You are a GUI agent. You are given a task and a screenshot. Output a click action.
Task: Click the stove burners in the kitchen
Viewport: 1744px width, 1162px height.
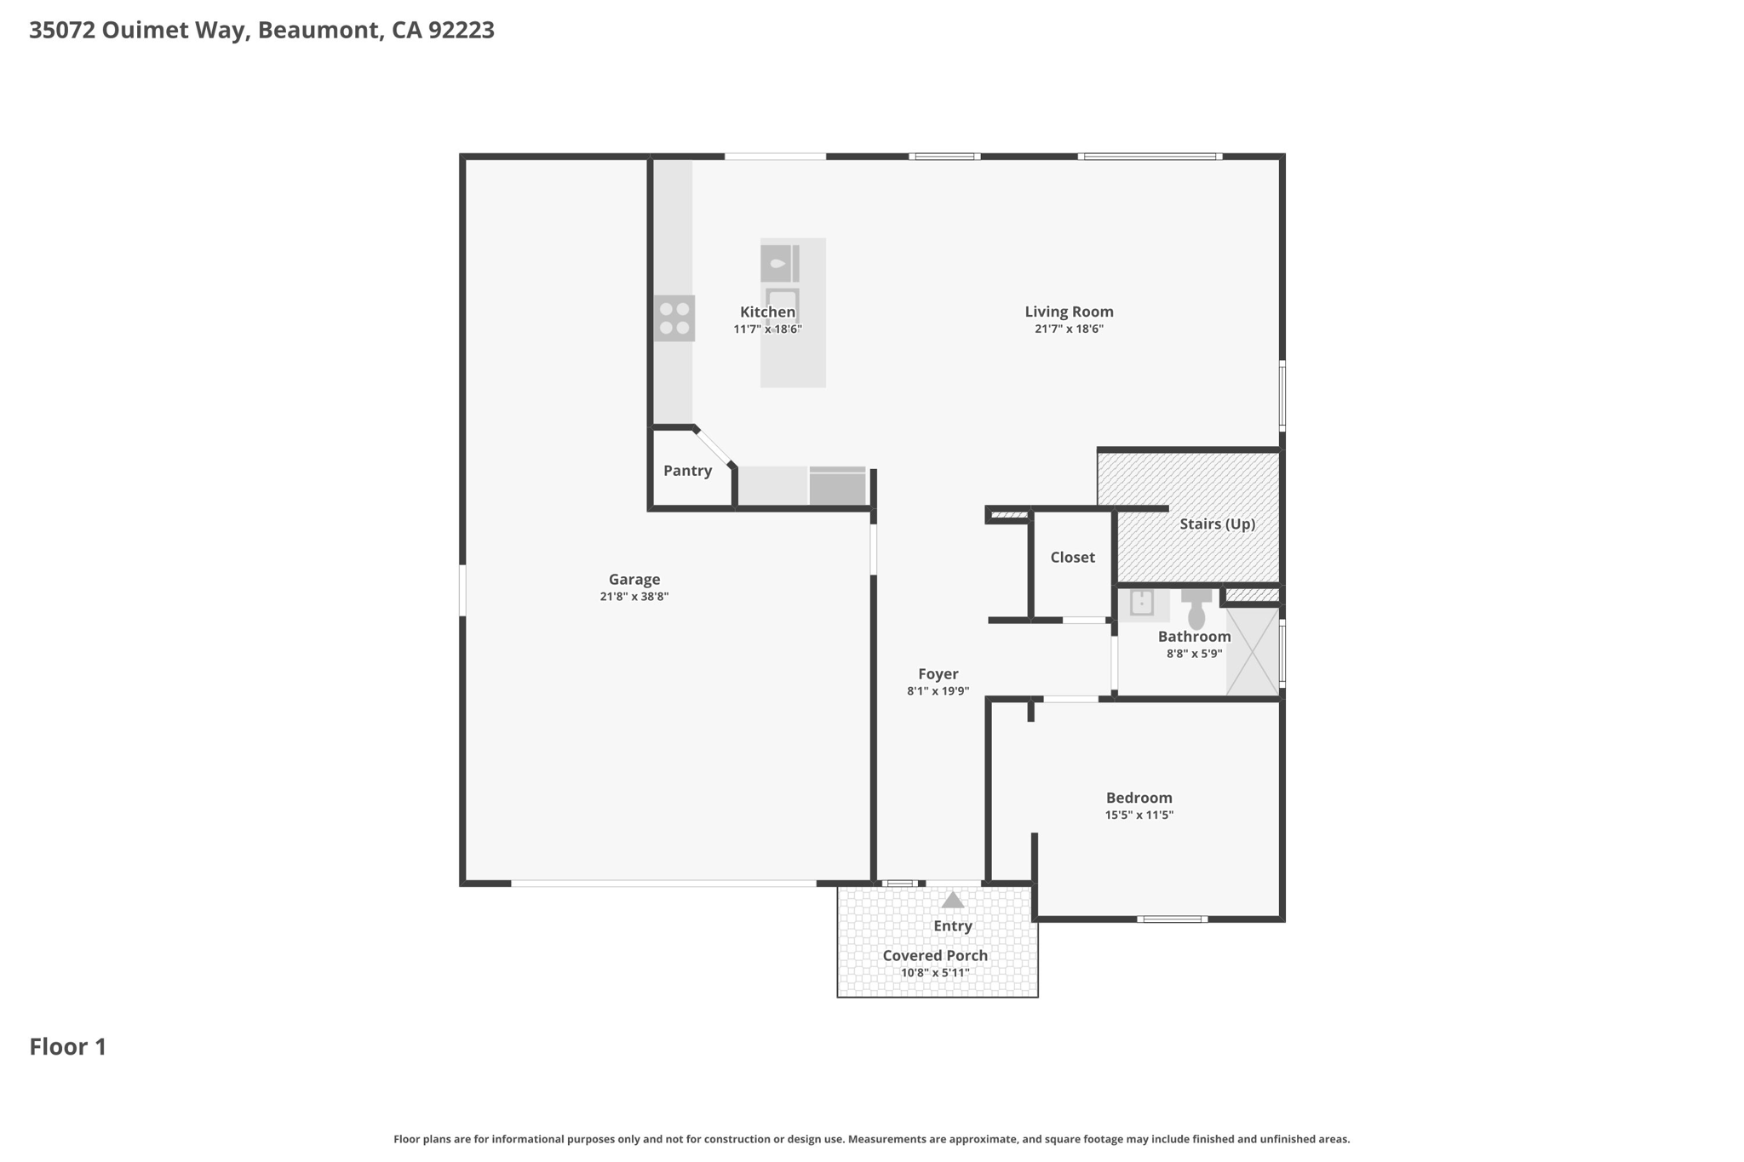point(674,318)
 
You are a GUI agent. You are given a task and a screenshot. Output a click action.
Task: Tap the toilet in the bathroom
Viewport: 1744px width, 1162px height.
point(1196,609)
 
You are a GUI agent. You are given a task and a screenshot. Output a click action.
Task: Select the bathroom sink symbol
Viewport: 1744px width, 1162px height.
point(1142,604)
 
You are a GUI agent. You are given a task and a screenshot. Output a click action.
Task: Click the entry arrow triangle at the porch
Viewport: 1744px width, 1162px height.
point(953,899)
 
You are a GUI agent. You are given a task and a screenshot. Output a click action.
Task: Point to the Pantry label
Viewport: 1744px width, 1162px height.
point(687,471)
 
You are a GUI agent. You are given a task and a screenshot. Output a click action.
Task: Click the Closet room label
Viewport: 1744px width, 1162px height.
point(1072,558)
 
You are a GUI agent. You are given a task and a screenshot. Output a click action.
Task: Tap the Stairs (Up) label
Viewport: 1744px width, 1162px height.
point(1217,524)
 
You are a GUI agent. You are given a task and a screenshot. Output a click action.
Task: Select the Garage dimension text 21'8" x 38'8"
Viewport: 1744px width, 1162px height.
point(634,597)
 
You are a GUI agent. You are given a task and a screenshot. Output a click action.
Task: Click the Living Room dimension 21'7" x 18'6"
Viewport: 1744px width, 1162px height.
point(1069,329)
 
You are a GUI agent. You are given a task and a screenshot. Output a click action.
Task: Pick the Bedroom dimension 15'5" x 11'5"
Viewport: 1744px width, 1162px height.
point(1139,816)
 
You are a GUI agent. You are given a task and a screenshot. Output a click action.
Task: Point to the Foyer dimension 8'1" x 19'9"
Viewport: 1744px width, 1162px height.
point(938,692)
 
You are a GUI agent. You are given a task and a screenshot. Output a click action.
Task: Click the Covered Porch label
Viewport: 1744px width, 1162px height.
point(935,956)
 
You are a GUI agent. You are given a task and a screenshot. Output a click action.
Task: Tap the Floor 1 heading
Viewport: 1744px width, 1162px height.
point(68,1047)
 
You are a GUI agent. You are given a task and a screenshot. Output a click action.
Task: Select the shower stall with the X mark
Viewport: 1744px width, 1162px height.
point(1253,650)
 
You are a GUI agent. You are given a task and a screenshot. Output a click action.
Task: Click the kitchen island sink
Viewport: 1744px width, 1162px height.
point(780,263)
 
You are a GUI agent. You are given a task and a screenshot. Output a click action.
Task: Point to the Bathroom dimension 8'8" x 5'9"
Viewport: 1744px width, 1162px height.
point(1195,655)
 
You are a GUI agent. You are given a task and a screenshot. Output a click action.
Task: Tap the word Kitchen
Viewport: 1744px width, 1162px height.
point(767,312)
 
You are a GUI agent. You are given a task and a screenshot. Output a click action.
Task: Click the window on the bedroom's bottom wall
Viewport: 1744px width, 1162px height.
point(1172,919)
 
